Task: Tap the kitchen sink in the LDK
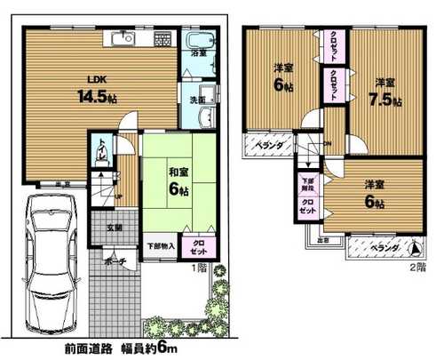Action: coord(121,38)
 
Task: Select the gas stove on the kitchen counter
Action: coord(161,39)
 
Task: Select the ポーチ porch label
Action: coord(114,260)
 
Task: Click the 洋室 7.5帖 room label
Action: coord(384,93)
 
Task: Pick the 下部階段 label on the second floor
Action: coord(307,185)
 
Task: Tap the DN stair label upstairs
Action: coord(328,144)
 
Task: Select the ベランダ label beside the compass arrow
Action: coord(383,247)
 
